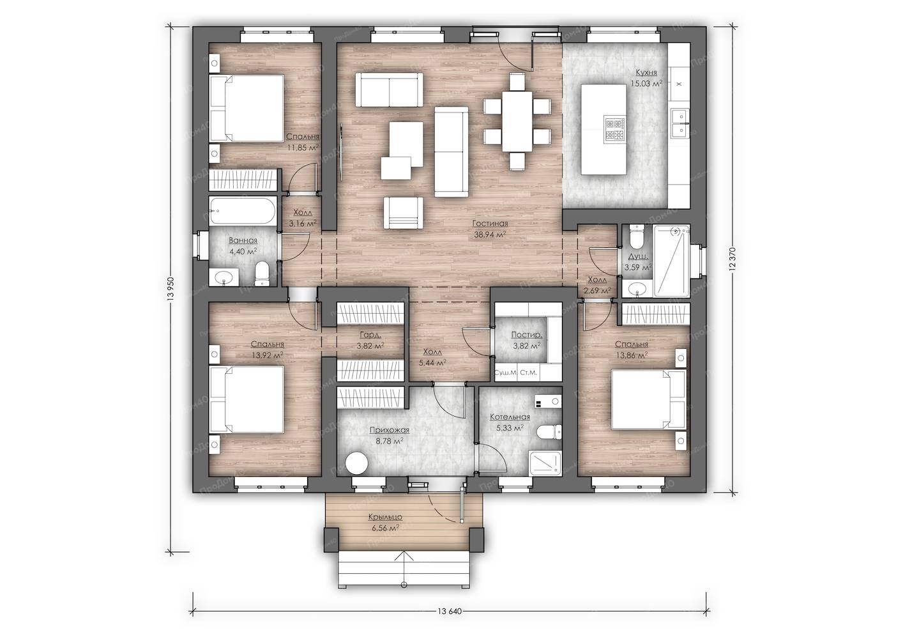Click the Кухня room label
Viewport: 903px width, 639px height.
tap(646, 73)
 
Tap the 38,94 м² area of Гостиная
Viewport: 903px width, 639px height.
tap(490, 235)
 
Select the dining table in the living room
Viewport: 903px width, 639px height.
tap(517, 121)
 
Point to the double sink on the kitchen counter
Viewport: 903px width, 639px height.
tap(679, 123)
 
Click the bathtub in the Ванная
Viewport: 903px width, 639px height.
tap(243, 211)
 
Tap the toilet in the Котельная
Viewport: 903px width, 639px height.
tap(549, 432)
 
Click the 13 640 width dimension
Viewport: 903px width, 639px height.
tap(449, 611)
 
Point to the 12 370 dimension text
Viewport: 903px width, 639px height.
tap(733, 258)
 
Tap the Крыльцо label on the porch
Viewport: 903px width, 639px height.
tap(385, 517)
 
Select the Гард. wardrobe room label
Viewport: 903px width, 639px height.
tap(370, 334)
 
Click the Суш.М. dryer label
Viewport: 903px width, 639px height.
tap(506, 373)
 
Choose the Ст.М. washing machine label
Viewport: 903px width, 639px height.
tap(529, 373)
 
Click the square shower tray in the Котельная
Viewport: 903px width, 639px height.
tap(545, 464)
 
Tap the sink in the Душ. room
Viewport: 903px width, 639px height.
tap(637, 288)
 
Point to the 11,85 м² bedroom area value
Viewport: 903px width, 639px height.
tap(303, 148)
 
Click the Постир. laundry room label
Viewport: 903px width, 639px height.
tap(526, 334)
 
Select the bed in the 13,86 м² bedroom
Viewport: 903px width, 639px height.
tap(648, 399)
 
